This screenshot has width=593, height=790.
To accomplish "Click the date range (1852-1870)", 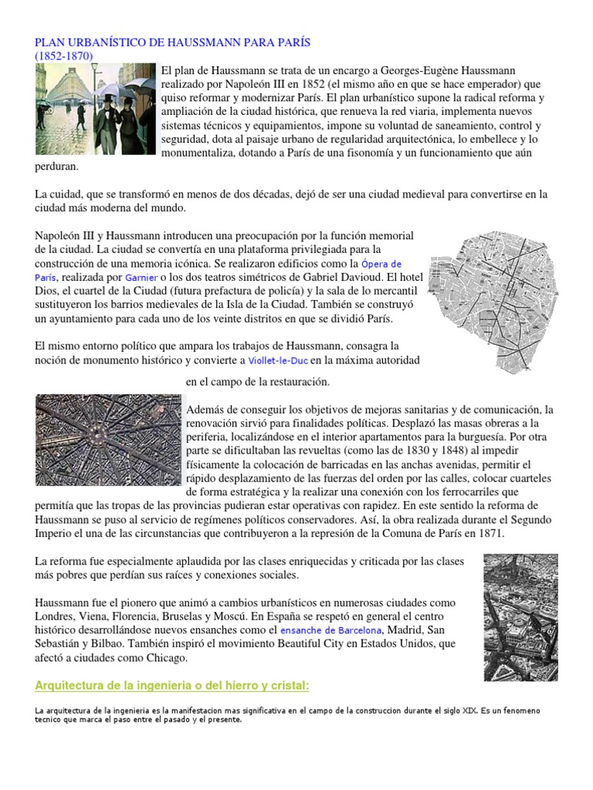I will tap(64, 56).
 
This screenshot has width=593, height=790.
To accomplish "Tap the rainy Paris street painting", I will tap(96, 109).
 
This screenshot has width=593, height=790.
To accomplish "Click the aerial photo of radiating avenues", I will tap(107, 441).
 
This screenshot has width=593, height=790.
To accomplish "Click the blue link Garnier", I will tap(141, 278).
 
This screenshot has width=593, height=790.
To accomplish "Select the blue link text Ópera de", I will tap(381, 264).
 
